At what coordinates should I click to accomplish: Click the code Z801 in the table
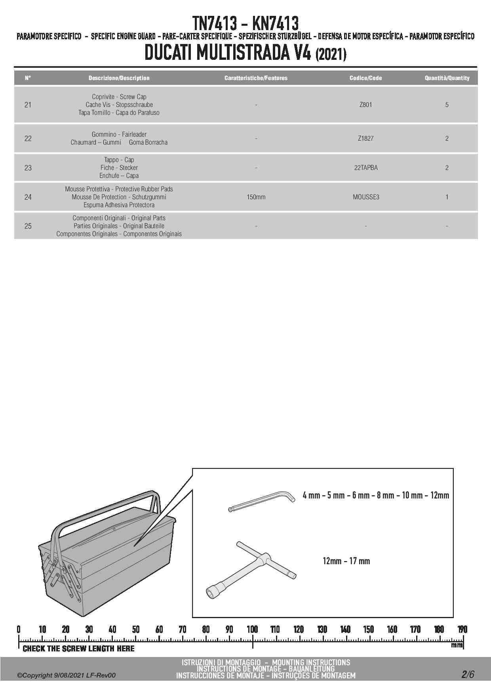click(365, 105)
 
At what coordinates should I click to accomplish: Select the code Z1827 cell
click(365, 139)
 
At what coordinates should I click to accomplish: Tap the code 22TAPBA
click(366, 168)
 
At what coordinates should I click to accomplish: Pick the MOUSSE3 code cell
click(366, 197)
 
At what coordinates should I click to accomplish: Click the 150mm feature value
click(256, 197)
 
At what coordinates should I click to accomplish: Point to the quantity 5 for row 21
click(447, 105)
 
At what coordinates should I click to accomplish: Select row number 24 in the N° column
click(28, 197)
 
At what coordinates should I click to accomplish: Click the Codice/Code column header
click(365, 78)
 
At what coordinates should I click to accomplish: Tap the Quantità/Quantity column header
click(447, 78)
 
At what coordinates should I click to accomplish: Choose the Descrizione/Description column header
click(119, 78)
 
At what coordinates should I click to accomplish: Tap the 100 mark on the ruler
click(252, 629)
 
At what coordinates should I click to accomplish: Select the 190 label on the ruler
click(462, 629)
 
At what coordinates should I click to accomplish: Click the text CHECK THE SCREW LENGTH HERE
click(78, 649)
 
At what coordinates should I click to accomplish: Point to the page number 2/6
click(467, 674)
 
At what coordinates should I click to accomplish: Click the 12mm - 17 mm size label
click(346, 561)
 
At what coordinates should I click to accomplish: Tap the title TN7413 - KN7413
click(246, 24)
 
